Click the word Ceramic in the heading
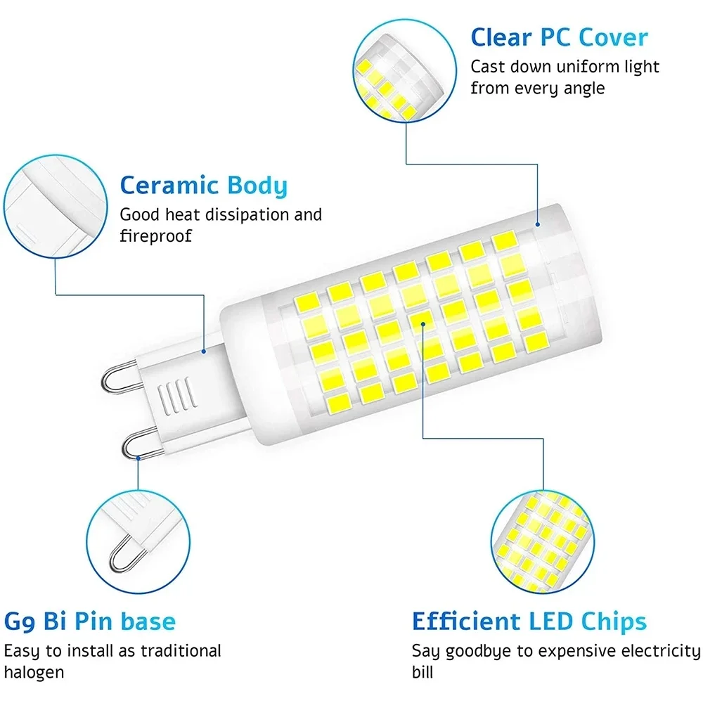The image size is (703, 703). coord(169,185)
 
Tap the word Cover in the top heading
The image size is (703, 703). coord(613,37)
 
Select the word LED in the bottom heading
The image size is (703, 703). coord(550,621)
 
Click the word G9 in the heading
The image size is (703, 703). coord(20,622)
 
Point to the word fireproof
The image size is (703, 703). coord(155,236)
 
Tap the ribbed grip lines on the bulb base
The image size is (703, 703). coord(177,394)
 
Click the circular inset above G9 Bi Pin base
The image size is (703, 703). coord(138,542)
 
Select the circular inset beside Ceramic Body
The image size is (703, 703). coord(56,207)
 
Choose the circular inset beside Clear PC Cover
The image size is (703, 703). coord(405,71)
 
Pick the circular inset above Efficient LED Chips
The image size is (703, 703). coord(543,542)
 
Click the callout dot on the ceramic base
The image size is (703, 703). coord(204,351)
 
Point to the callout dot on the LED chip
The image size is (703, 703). coord(423,323)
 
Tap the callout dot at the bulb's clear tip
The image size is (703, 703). coord(538,224)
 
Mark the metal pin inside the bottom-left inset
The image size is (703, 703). coord(124,554)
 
